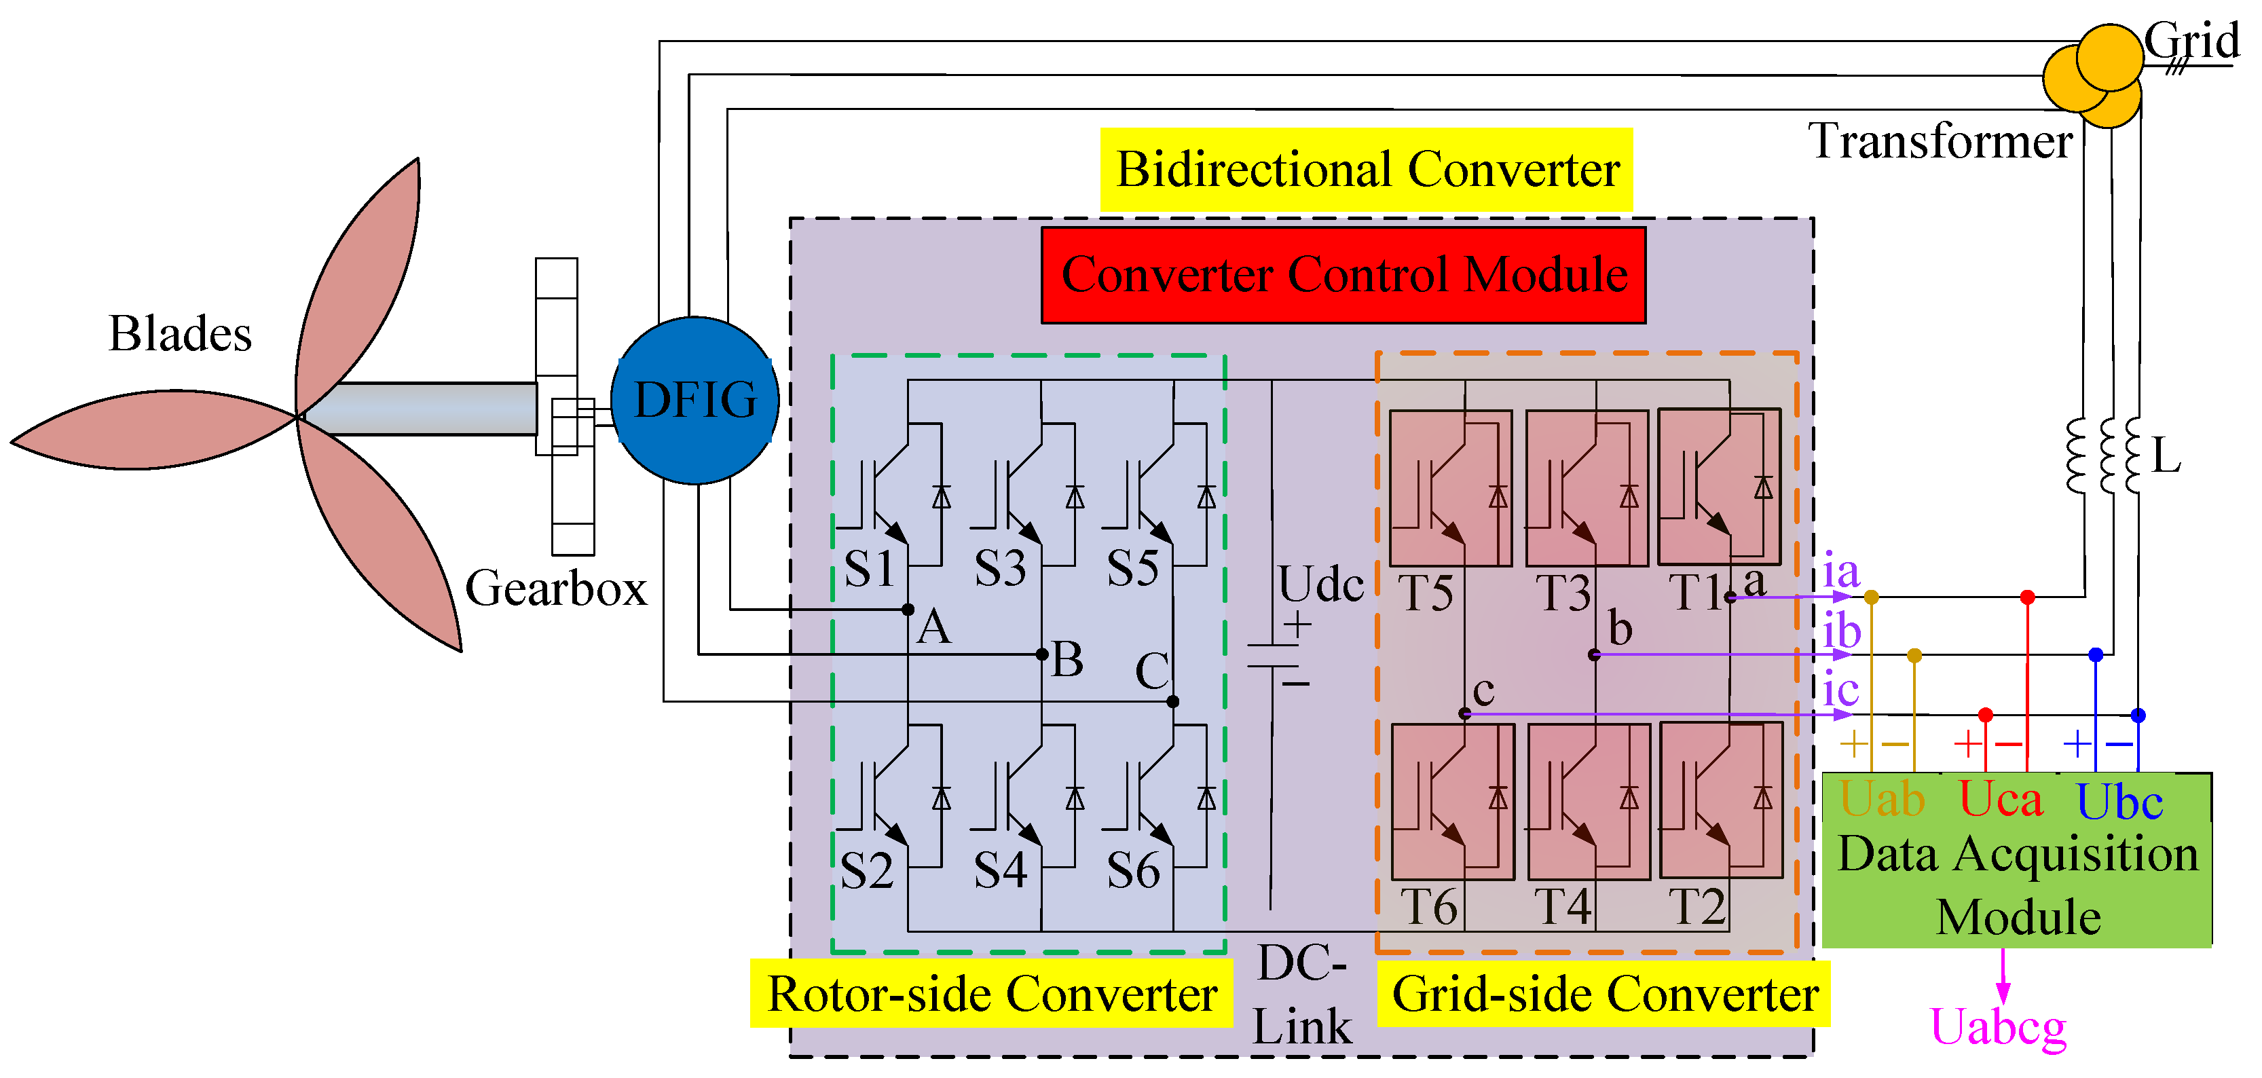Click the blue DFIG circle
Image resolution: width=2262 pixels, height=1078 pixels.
pyautogui.click(x=694, y=401)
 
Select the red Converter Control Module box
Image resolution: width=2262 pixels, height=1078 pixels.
pyautogui.click(x=1343, y=276)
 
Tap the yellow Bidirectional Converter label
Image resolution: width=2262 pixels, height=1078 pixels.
pyautogui.click(x=1367, y=170)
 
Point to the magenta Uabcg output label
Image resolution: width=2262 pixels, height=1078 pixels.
pyautogui.click(x=1998, y=1026)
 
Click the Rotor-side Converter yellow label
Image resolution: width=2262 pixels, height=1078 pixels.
pyautogui.click(x=991, y=994)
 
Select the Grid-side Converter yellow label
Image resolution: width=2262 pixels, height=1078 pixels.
pyautogui.click(x=1603, y=994)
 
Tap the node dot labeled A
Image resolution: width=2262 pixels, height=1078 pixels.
pyautogui.click(x=908, y=609)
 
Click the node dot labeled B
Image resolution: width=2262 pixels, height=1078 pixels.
pyautogui.click(x=1041, y=654)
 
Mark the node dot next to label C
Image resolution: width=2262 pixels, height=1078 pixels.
pyautogui.click(x=1173, y=701)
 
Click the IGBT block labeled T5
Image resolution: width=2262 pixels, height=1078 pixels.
pyautogui.click(x=1451, y=489)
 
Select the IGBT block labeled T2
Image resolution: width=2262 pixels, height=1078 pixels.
pyautogui.click(x=1720, y=800)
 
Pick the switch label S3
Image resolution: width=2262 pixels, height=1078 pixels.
pyautogui.click(x=1000, y=569)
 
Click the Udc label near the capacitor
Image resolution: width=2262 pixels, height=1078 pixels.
pyautogui.click(x=1320, y=584)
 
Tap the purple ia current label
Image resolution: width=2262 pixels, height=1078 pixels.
pyautogui.click(x=1840, y=572)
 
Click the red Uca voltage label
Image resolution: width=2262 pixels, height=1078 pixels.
pyautogui.click(x=2001, y=800)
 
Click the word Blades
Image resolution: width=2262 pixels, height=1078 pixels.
pyautogui.click(x=180, y=333)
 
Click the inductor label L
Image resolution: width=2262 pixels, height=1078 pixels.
pyautogui.click(x=2166, y=456)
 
